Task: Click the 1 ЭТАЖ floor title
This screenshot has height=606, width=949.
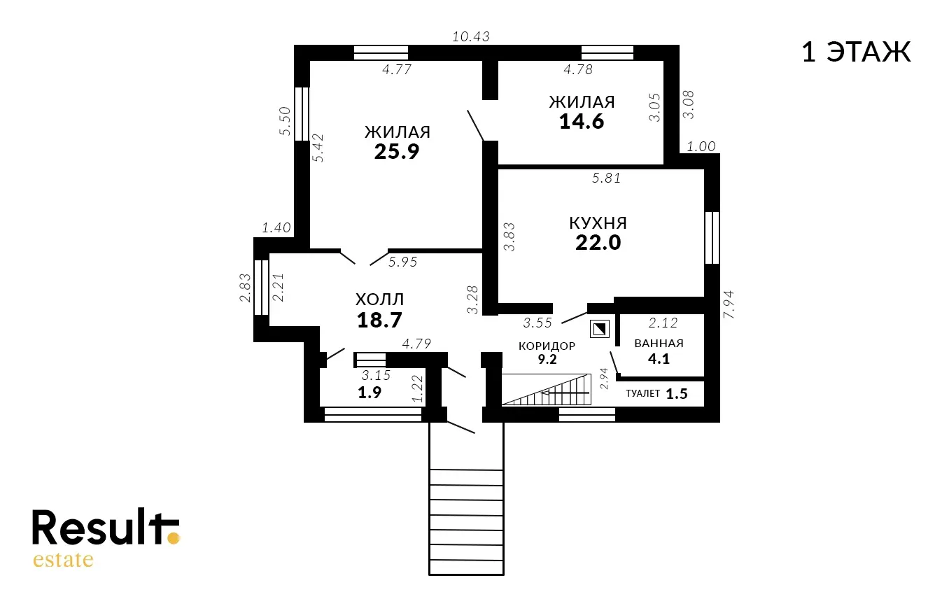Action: coord(856,52)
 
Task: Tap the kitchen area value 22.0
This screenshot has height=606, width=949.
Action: coord(598,243)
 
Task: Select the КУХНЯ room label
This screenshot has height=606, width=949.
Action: coord(598,223)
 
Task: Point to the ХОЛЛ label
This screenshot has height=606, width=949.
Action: coord(379,300)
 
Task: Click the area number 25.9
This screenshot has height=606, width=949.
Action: coord(397,152)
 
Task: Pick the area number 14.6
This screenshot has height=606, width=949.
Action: coord(582,122)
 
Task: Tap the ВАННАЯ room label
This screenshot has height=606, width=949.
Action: coord(659,343)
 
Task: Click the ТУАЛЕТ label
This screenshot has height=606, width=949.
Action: coord(642,393)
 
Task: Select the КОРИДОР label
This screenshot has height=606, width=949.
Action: coord(547,346)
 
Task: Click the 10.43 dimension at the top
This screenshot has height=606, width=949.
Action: coord(471,37)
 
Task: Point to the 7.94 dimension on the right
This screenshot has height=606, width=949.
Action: coord(729,304)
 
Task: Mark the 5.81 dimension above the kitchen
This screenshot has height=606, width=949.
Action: coord(606,178)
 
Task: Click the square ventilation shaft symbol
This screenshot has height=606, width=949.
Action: coord(600,329)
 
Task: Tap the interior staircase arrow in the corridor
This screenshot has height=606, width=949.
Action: coord(565,393)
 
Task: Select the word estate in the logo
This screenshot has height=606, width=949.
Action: coord(63,560)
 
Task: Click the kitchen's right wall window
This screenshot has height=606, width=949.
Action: coord(712,238)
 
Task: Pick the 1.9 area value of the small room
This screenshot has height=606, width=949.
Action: coord(370,393)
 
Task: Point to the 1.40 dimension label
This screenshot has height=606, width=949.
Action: coord(276,228)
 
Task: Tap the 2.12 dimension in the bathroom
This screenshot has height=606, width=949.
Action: coord(663,323)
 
